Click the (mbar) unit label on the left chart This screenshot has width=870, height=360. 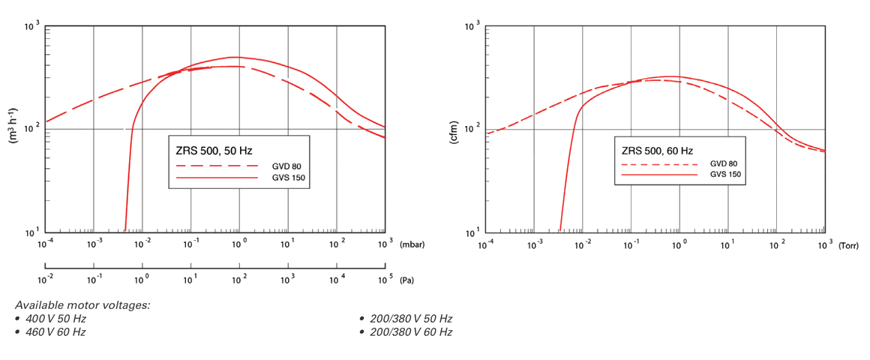click(x=412, y=245)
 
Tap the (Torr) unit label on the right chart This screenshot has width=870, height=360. click(x=849, y=245)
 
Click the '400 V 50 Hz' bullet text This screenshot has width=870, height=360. click(x=55, y=319)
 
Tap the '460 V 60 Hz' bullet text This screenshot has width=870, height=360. click(x=55, y=331)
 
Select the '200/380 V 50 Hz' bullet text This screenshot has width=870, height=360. click(x=410, y=319)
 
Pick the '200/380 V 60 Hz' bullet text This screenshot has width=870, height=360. click(x=410, y=331)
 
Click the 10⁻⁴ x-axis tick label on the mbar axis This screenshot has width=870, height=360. click(x=46, y=244)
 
